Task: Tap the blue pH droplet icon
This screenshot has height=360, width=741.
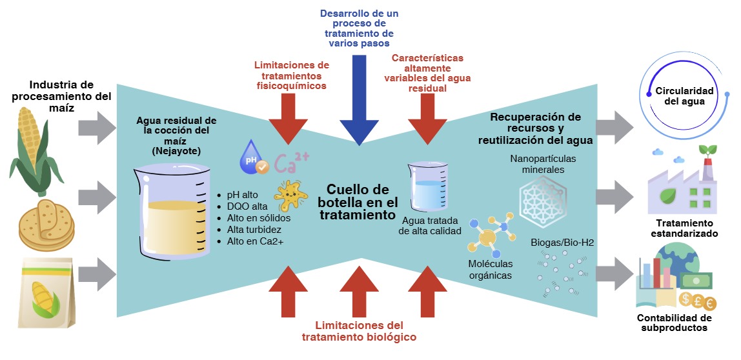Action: [254, 157]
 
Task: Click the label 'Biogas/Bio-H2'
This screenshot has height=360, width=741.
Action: [562, 243]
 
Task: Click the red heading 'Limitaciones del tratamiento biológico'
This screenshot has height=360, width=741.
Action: [359, 331]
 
